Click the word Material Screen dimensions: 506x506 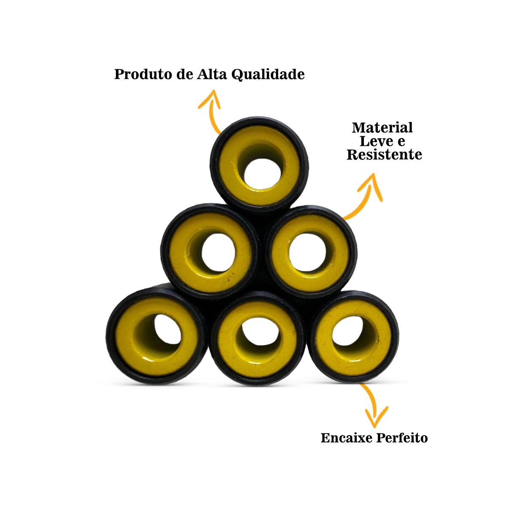(382, 128)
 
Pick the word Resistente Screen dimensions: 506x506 (384, 155)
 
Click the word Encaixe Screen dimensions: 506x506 (346, 438)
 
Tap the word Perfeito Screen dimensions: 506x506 (401, 438)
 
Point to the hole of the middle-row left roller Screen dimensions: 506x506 (218, 253)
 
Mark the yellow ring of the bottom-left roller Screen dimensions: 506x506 (126, 337)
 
